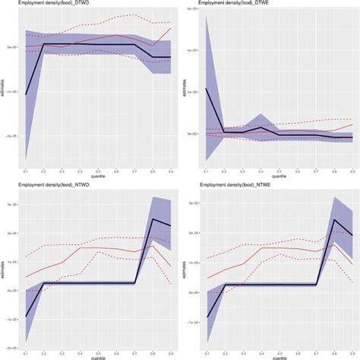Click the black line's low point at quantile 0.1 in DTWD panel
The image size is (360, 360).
tap(26, 95)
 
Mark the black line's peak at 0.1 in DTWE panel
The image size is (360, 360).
tap(206, 89)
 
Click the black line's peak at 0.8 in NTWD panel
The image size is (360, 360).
tap(153, 219)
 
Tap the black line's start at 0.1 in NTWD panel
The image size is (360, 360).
tap(26, 316)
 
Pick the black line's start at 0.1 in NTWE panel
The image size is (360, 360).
tap(206, 317)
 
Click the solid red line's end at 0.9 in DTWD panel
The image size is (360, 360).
tap(171, 28)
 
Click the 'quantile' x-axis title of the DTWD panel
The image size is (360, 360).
tap(98, 178)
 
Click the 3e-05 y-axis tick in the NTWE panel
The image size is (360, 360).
tap(194, 205)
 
